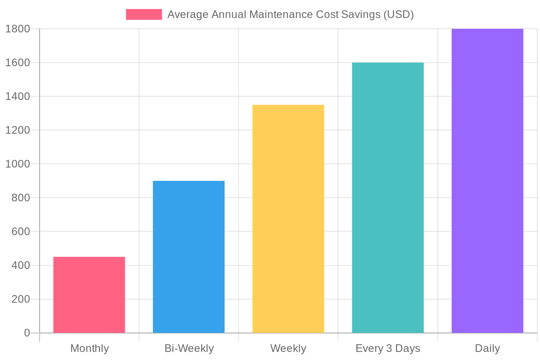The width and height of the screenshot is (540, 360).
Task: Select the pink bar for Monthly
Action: coord(89,295)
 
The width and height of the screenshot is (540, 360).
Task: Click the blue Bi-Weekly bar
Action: coord(189,256)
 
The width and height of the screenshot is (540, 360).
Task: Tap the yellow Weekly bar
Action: coord(288,219)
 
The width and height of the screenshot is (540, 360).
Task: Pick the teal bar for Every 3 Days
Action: coord(388,198)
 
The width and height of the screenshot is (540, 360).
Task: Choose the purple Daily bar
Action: coord(487,181)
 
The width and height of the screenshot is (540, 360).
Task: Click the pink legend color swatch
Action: coord(144,14)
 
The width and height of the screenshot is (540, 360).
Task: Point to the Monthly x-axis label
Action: coord(90,348)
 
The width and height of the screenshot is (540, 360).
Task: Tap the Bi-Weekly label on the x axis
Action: coord(189,348)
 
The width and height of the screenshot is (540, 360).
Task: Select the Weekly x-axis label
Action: coord(288,348)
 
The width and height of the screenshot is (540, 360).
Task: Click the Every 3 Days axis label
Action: coord(388,348)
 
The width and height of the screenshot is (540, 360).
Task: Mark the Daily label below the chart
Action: coord(487,348)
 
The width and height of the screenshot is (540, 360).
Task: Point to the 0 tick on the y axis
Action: coord(27,333)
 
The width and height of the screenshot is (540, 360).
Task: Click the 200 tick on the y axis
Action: coord(21,299)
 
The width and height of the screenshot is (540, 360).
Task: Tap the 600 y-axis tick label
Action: coord(21,232)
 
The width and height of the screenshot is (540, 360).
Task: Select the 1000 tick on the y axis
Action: coord(18,164)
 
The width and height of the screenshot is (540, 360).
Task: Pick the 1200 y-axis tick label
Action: coord(18,130)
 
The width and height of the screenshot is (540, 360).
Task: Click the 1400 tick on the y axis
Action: coord(18,96)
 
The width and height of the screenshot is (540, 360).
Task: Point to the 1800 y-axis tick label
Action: coord(18,29)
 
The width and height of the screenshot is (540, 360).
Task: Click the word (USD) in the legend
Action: coord(398,14)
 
